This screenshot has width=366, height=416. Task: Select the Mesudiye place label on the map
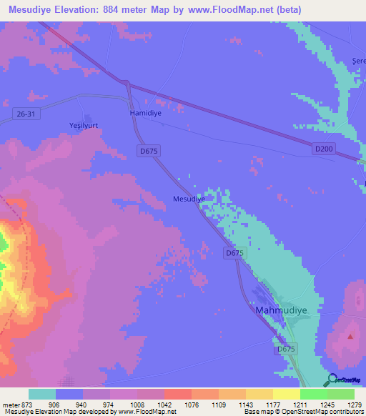[189, 199]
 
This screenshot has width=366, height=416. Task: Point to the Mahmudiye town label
[281, 311]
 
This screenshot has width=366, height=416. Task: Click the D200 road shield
[323, 148]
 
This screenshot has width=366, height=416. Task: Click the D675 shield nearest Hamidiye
[149, 151]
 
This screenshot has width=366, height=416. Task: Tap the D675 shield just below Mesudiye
[234, 253]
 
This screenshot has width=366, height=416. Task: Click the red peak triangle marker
[350, 335]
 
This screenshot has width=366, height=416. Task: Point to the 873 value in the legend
[26, 405]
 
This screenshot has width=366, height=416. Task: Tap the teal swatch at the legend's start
[42, 394]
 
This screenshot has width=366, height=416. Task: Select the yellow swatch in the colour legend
[287, 394]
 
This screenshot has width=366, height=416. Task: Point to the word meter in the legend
[12, 405]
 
